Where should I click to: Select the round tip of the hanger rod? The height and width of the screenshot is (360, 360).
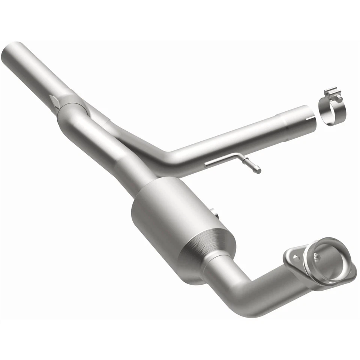coord(258,170)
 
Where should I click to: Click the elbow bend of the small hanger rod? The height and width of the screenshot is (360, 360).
coord(239,156)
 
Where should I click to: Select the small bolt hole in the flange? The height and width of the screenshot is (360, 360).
coord(295,257)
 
